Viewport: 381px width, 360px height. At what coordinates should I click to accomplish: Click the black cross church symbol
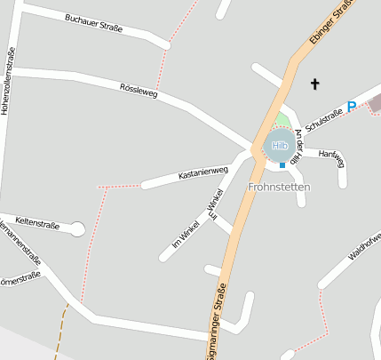pyautogui.click(x=314, y=84)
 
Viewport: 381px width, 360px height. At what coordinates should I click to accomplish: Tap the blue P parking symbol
pyautogui.click(x=352, y=107)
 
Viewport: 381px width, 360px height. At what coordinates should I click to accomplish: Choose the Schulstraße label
pyautogui.click(x=324, y=119)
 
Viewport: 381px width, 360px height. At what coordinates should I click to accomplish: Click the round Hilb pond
pyautogui.click(x=280, y=145)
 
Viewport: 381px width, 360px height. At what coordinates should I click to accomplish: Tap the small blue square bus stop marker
pyautogui.click(x=282, y=165)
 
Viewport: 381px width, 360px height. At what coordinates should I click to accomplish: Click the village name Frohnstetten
pyautogui.click(x=279, y=188)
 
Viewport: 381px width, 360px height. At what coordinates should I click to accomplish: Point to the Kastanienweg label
pyautogui.click(x=203, y=172)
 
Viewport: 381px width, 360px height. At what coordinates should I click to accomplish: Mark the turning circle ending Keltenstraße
pyautogui.click(x=77, y=229)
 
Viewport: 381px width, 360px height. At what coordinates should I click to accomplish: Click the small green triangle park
pyautogui.click(x=282, y=119)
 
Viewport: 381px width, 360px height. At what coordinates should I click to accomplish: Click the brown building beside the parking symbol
pyautogui.click(x=374, y=102)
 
